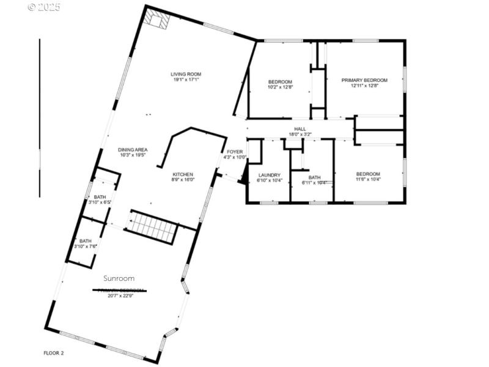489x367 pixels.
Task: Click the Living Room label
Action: [x=185, y=74]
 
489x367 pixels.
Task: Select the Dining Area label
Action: [x=133, y=149]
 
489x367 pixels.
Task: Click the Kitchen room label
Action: [x=182, y=174]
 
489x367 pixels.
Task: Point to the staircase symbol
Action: [x=152, y=227]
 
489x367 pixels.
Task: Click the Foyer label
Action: [x=235, y=152]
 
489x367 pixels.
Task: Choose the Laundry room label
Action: [x=269, y=175]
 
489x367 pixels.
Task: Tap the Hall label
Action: [x=300, y=129]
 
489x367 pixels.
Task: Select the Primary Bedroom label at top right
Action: [x=364, y=80]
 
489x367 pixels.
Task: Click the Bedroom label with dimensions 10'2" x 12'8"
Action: [x=280, y=81]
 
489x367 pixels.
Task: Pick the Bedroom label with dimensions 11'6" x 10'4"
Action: [x=368, y=174]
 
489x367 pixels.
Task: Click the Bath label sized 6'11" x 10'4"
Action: [x=314, y=177]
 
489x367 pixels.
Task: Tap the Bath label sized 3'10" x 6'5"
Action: [x=100, y=197]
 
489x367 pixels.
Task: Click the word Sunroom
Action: [x=119, y=278]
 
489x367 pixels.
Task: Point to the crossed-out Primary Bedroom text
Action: [x=120, y=290]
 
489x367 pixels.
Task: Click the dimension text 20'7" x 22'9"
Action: [x=120, y=296]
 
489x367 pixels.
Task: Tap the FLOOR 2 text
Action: [x=53, y=353]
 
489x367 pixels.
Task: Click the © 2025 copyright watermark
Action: [x=44, y=7]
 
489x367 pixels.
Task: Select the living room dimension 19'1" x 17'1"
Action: [x=185, y=80]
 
